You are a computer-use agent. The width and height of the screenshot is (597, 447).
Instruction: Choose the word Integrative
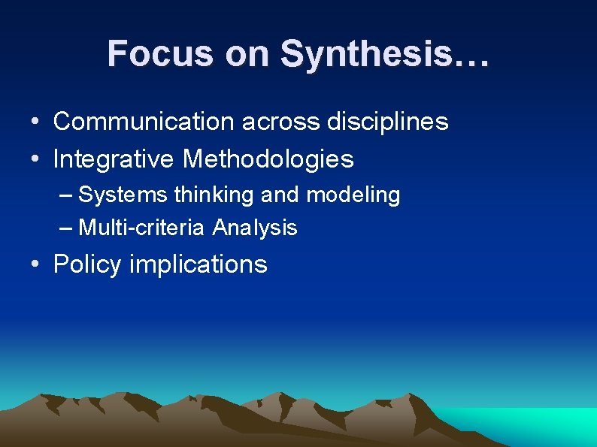pyautogui.click(x=114, y=159)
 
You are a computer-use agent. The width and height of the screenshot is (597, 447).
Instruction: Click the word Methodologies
pyautogui.click(x=268, y=159)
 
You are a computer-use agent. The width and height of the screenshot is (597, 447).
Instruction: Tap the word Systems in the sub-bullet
pyautogui.click(x=123, y=195)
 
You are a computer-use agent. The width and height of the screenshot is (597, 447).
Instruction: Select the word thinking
pyautogui.click(x=214, y=195)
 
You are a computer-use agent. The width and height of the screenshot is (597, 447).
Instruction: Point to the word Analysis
pyautogui.click(x=255, y=228)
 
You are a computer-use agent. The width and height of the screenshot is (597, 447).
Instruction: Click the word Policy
pyautogui.click(x=87, y=264)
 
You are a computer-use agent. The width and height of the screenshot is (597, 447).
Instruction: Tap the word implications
pyautogui.click(x=198, y=264)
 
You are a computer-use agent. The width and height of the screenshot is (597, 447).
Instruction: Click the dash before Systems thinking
pyautogui.click(x=65, y=196)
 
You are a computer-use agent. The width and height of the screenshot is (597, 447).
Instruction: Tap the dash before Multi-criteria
pyautogui.click(x=65, y=228)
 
